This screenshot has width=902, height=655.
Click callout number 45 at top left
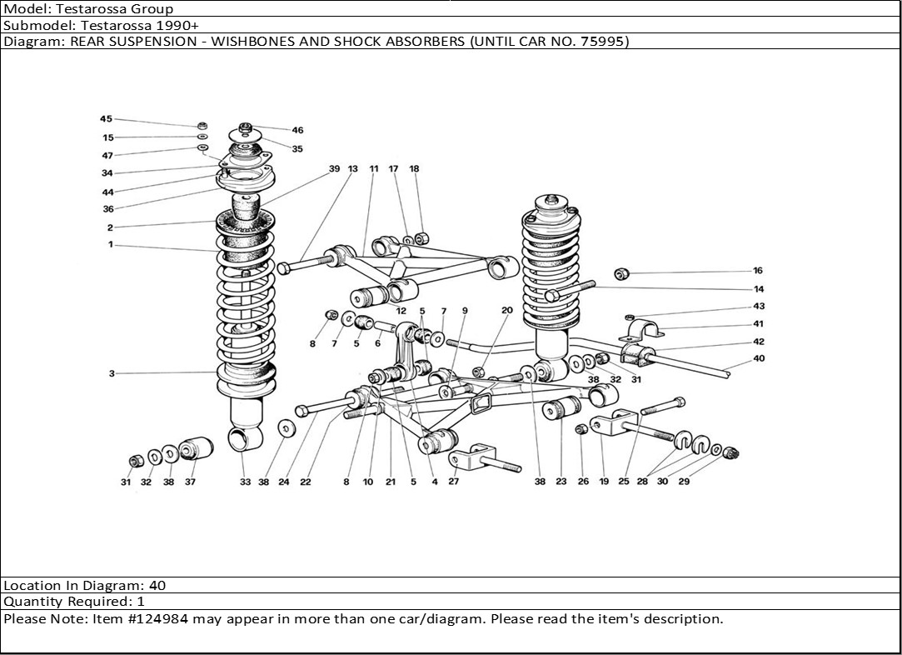click(x=106, y=119)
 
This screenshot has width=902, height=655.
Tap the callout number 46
click(x=297, y=130)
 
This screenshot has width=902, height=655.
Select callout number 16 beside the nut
click(x=757, y=271)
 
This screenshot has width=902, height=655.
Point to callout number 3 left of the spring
click(x=112, y=373)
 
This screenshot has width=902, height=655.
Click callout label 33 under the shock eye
click(x=245, y=482)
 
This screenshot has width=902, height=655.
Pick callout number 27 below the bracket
click(x=454, y=482)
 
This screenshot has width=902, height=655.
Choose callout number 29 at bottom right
click(x=684, y=482)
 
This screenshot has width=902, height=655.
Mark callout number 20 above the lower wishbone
click(x=507, y=311)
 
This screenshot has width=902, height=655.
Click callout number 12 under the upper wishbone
click(x=401, y=311)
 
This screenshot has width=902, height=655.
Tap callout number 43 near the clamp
click(x=758, y=307)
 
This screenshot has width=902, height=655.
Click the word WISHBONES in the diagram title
click(x=249, y=41)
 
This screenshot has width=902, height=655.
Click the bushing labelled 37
click(x=197, y=447)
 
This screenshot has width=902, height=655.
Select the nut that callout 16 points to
click(x=622, y=273)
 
